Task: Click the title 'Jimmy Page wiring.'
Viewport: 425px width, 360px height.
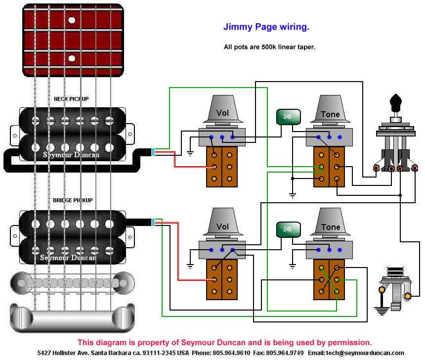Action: pyautogui.click(x=266, y=27)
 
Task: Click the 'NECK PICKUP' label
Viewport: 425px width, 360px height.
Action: pyautogui.click(x=71, y=99)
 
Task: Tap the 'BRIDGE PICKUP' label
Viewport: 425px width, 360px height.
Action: pyautogui.click(x=73, y=201)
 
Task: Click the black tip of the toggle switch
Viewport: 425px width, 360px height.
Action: pyautogui.click(x=395, y=103)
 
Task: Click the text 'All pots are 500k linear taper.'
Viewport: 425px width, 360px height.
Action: pyautogui.click(x=269, y=47)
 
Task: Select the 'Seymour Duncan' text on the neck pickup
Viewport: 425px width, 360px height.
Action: pyautogui.click(x=71, y=155)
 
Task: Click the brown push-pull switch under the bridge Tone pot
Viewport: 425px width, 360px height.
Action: pyautogui.click(x=329, y=279)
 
